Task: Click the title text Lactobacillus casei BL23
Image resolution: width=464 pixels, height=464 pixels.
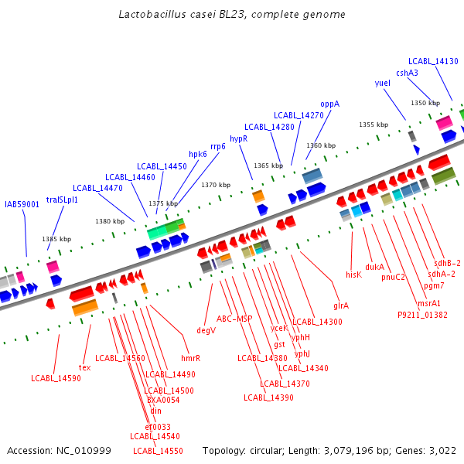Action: [x=232, y=15]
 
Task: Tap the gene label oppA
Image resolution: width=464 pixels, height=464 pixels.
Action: [x=330, y=104]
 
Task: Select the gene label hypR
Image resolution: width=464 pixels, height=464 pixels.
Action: [x=238, y=138]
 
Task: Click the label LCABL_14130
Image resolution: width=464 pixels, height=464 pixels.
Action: [x=433, y=61]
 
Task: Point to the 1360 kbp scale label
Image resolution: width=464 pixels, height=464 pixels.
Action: [x=321, y=145]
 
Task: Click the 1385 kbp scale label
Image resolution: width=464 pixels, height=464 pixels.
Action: [x=56, y=240]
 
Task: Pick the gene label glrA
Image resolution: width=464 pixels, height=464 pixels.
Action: [x=341, y=305]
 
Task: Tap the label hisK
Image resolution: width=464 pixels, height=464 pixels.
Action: [x=353, y=275]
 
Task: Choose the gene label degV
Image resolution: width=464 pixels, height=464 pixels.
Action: [x=206, y=330]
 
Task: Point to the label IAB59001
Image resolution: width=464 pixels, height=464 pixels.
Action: [x=22, y=204]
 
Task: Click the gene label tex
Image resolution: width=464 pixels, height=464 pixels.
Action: [x=85, y=367]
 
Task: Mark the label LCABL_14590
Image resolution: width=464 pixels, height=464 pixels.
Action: [x=56, y=378]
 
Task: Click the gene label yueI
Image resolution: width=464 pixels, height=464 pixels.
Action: [x=382, y=83]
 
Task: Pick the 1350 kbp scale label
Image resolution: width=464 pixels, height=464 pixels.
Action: [x=425, y=103]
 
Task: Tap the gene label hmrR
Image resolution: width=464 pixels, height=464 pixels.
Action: [x=191, y=358]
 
